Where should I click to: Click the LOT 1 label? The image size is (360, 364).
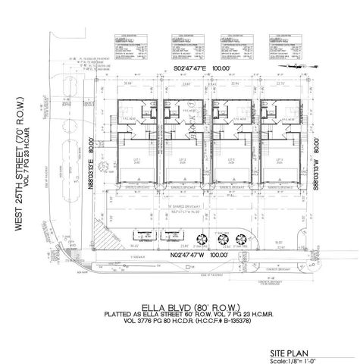tap(138, 160)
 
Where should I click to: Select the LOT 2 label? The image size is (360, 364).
tap(183, 160)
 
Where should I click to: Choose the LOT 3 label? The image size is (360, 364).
tap(228, 160)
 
